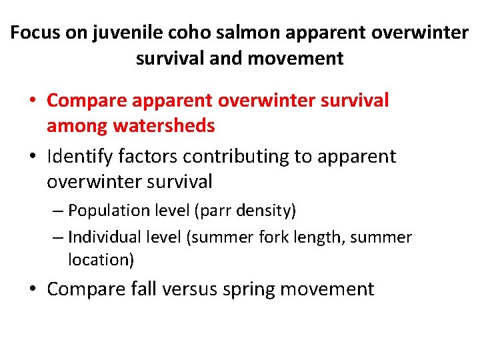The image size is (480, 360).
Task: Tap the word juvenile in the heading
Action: coord(101,33)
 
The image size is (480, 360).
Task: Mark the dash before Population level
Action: coord(59,211)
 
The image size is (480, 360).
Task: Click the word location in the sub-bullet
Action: coord(100,260)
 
